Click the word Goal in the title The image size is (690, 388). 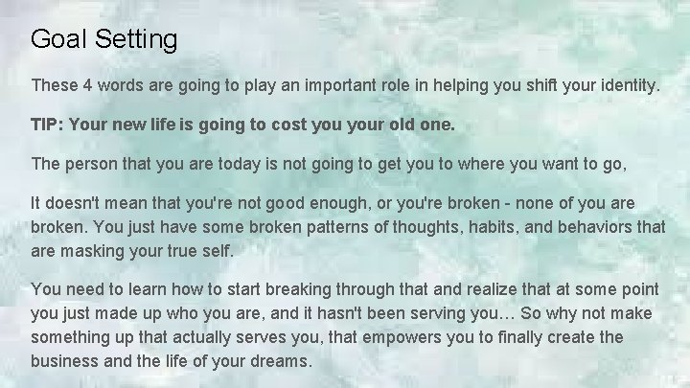pos(56,39)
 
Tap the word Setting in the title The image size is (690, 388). pos(132,40)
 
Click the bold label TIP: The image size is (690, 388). pos(48,125)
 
